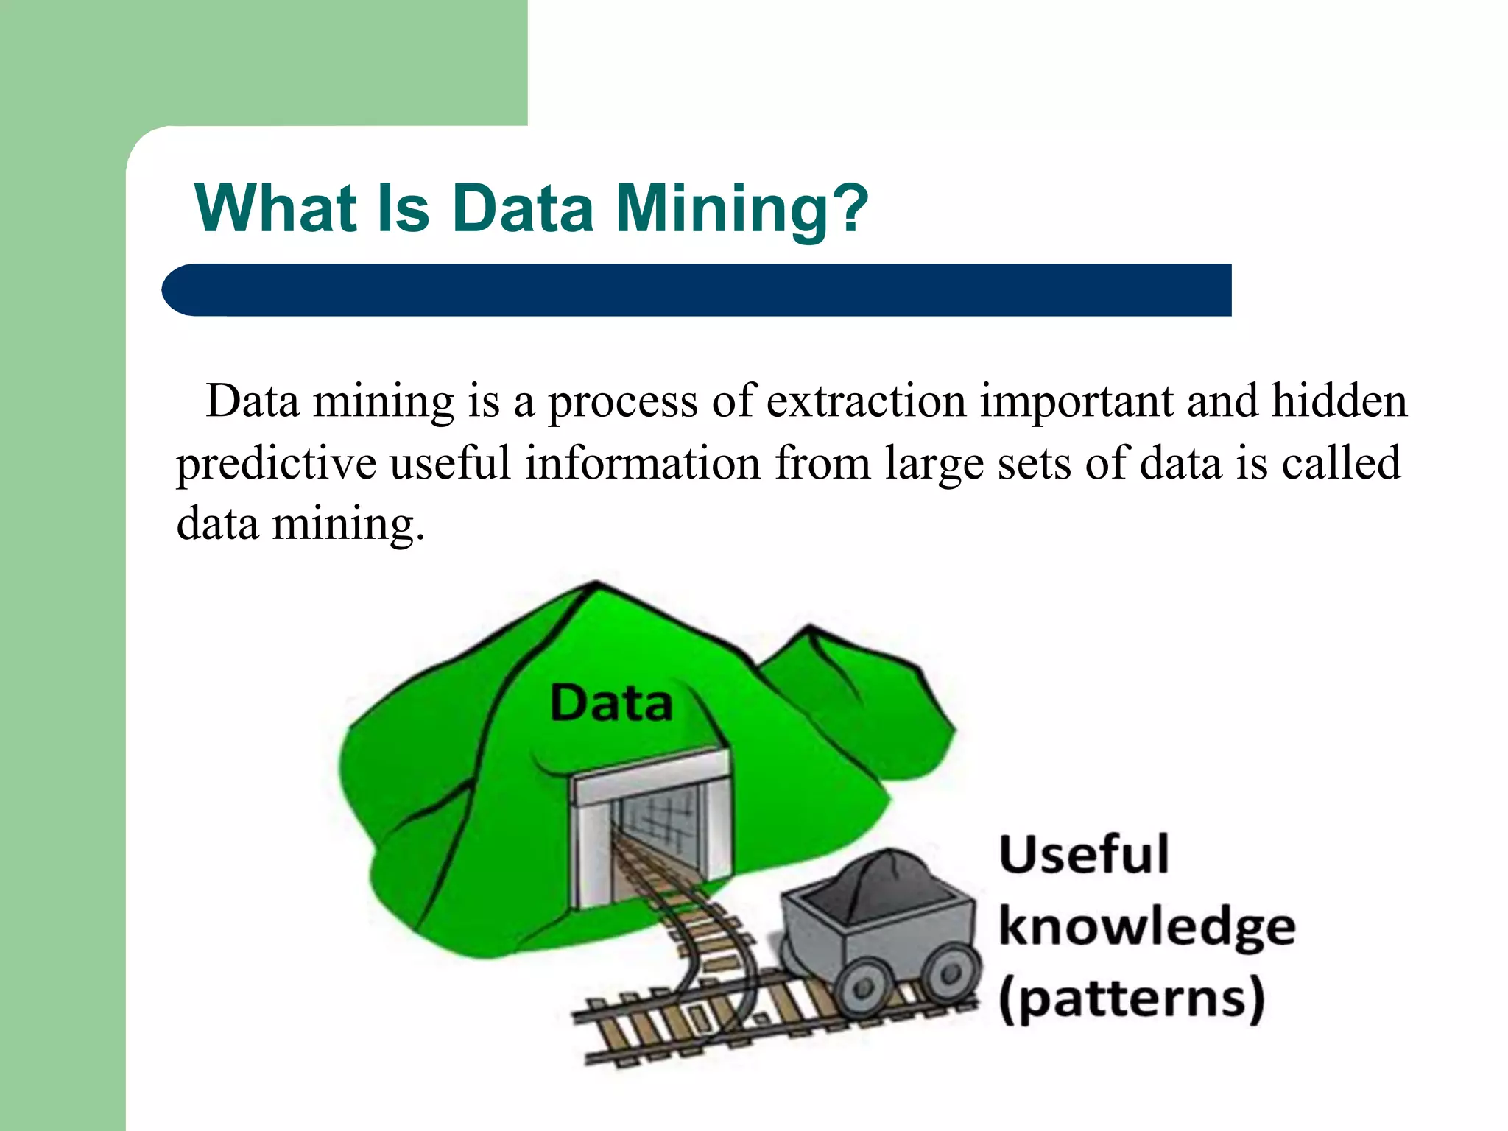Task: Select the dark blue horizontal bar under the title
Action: pyautogui.click(x=696, y=290)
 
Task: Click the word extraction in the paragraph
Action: pyautogui.click(x=866, y=402)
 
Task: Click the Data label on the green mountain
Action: pyautogui.click(x=611, y=702)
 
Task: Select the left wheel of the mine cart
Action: pyautogui.click(x=863, y=987)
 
